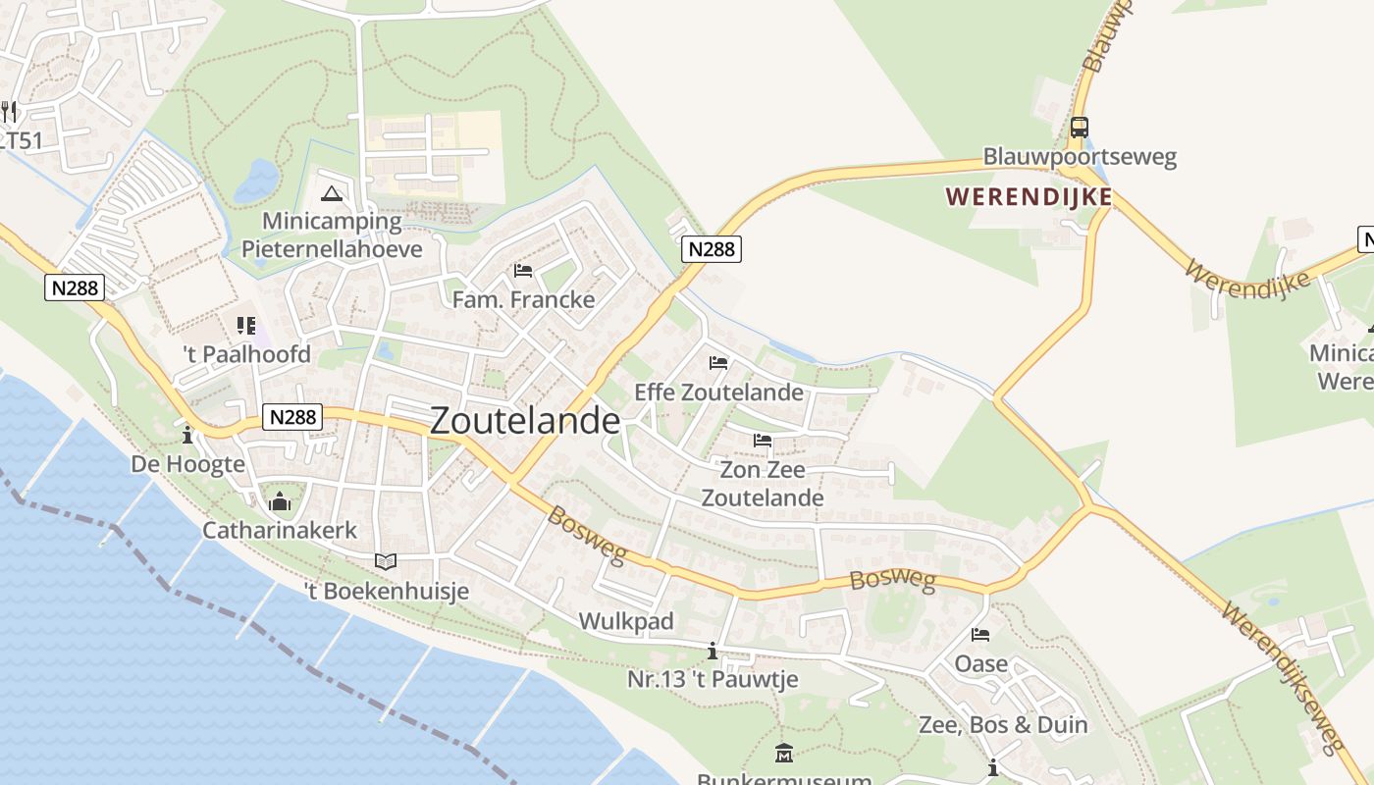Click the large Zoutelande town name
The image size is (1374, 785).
(525, 421)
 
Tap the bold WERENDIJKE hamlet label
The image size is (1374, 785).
(1030, 197)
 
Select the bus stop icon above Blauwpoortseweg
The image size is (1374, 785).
(1079, 128)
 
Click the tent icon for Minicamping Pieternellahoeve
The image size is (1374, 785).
(331, 193)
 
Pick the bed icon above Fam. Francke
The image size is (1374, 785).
(523, 271)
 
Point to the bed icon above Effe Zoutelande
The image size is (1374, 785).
(718, 363)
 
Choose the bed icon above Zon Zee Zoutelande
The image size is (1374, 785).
(763, 441)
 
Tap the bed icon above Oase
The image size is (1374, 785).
(980, 635)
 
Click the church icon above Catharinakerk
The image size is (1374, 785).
(280, 502)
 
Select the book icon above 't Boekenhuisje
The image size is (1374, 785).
(386, 562)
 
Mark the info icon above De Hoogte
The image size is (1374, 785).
(187, 435)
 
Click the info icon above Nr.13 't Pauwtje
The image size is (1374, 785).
(713, 651)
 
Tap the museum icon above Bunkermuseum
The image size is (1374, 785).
(783, 754)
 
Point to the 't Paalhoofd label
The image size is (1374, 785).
(246, 354)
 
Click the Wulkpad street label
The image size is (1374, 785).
(626, 621)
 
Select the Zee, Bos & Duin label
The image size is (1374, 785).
(1003, 725)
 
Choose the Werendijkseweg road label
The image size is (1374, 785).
(1284, 677)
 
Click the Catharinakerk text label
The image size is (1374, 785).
(280, 531)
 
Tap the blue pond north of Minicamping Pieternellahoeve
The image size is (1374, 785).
(258, 181)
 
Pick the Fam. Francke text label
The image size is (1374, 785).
(523, 299)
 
